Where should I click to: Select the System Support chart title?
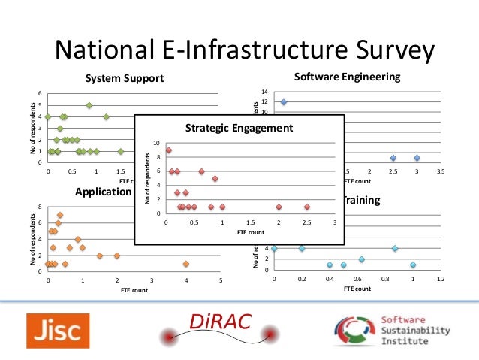tap(123, 78)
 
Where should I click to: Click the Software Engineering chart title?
tap(347, 77)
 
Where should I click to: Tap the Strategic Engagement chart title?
tap(239, 128)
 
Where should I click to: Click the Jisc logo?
tap(58, 331)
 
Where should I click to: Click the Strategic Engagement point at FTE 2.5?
tap(307, 207)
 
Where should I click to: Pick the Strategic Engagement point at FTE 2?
tap(279, 207)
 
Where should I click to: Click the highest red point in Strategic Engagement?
tap(169, 150)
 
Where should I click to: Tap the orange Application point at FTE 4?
tap(186, 264)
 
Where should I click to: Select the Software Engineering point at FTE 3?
tap(417, 158)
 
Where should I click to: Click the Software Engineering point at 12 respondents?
tap(284, 101)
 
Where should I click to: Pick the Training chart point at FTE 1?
tap(413, 265)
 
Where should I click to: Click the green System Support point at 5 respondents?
tap(89, 105)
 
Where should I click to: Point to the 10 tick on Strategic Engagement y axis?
tap(155, 143)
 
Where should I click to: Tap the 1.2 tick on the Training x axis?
tap(441, 279)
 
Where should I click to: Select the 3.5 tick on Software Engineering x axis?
tap(441, 172)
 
